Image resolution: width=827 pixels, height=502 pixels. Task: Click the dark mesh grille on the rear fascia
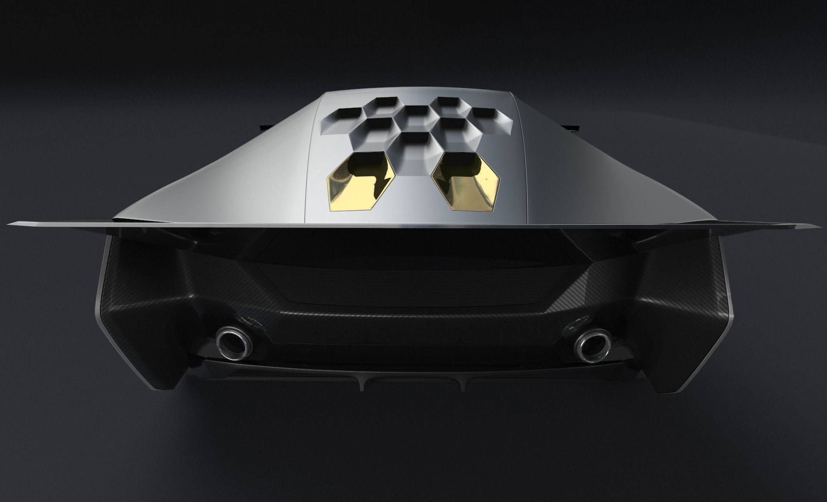(x=413, y=282)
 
